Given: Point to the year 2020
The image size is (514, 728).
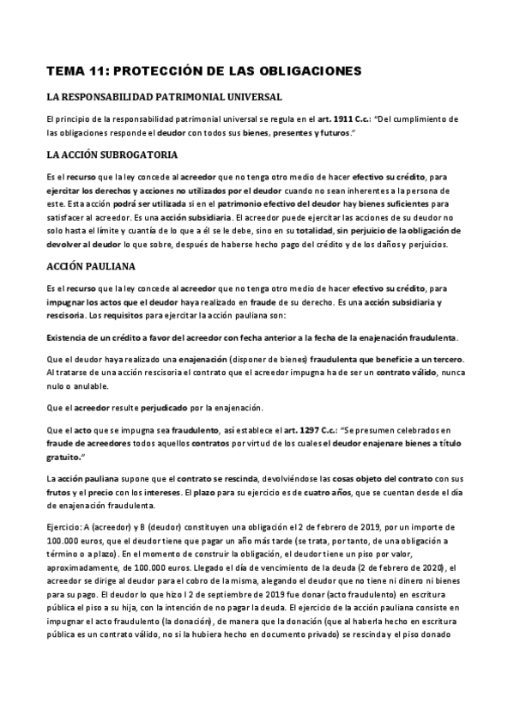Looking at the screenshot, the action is pyautogui.click(x=410, y=568).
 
